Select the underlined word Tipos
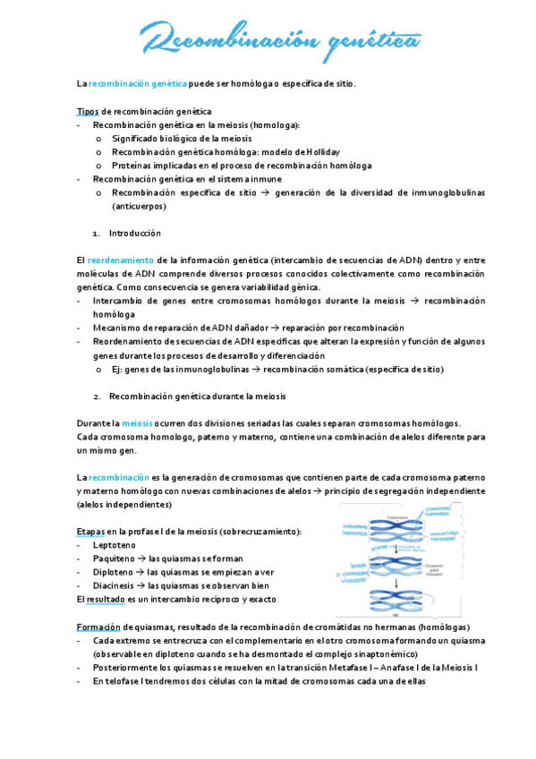[88, 111]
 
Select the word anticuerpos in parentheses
[139, 206]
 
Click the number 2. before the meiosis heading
[98, 396]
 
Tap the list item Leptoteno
[114, 545]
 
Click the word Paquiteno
[115, 559]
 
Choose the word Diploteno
[114, 572]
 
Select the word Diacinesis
[115, 585]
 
